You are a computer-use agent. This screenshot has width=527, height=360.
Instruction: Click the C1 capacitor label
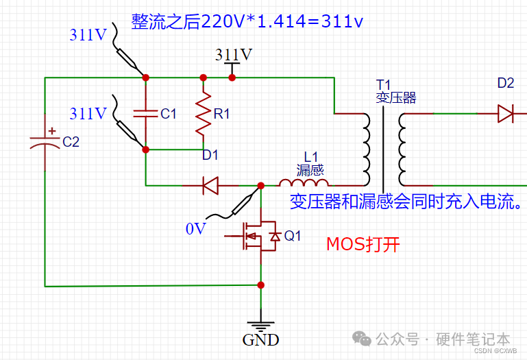(x=169, y=114)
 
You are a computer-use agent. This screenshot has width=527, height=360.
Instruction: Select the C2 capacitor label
(x=71, y=142)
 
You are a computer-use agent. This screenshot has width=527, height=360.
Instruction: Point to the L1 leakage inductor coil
(x=304, y=183)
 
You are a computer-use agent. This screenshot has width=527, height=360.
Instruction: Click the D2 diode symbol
(x=506, y=112)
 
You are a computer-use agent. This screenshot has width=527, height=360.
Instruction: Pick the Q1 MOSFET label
(x=293, y=236)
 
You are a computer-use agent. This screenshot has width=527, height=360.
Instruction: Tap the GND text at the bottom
(x=260, y=339)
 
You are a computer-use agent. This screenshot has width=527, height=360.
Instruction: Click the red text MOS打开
(x=363, y=244)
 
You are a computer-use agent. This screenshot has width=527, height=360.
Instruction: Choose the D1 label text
(x=210, y=155)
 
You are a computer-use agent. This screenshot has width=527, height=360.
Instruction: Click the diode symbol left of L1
(x=210, y=184)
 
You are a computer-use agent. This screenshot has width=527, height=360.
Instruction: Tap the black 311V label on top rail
(x=233, y=54)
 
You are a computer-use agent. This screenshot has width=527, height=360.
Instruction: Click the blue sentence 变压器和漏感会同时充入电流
(x=407, y=202)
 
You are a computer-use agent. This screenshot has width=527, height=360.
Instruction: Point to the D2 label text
(x=506, y=83)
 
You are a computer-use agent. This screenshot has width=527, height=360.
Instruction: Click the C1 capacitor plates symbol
(x=145, y=114)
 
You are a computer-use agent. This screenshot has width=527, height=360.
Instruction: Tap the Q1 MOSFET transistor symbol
(x=258, y=237)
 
